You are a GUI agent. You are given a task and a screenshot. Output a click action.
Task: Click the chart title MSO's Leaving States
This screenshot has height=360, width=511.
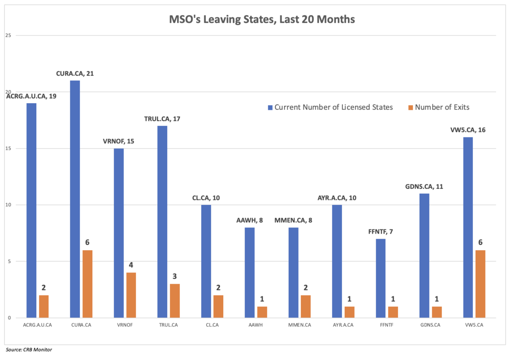[x=255, y=19]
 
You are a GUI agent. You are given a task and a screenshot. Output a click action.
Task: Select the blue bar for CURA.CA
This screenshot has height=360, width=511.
[x=75, y=199]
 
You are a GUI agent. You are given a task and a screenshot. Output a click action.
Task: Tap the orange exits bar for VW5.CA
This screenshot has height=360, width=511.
[x=480, y=284]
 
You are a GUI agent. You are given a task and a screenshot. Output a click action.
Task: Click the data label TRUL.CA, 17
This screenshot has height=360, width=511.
[x=162, y=119]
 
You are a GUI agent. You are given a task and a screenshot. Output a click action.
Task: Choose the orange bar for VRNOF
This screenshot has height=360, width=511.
[x=131, y=295]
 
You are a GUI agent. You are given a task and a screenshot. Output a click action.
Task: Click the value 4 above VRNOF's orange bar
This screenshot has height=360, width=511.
[x=131, y=265]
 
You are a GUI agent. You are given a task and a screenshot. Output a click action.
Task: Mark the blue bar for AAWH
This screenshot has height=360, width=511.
[x=250, y=273]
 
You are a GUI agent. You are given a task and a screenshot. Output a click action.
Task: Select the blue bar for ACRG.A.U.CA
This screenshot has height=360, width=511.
[x=31, y=210]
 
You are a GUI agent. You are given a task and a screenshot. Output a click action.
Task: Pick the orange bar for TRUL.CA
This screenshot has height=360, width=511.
[x=175, y=300]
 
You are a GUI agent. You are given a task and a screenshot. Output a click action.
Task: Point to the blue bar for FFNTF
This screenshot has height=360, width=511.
[x=381, y=278]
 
